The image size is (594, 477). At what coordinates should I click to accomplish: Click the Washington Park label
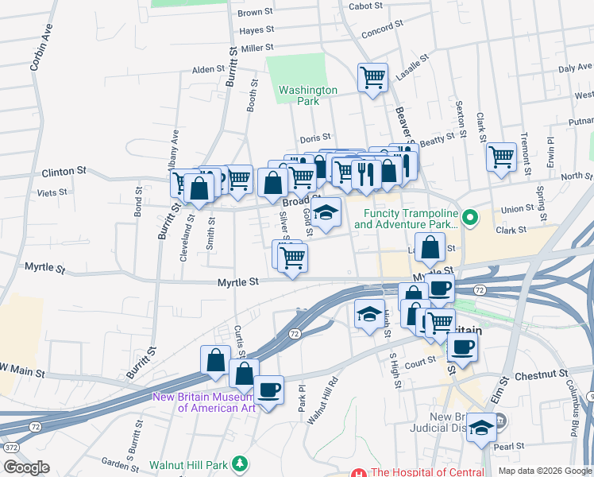[x=308, y=95]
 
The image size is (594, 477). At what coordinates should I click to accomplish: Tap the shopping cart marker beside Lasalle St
[x=372, y=78]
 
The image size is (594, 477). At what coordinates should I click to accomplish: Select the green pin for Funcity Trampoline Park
[x=469, y=215]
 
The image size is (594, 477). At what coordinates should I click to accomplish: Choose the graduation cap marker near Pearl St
[x=481, y=428]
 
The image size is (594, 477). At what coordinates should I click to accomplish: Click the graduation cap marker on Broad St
[x=325, y=212]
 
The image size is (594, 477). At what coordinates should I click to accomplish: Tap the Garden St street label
[x=120, y=464]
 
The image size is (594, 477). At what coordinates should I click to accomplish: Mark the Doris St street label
[x=314, y=138]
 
